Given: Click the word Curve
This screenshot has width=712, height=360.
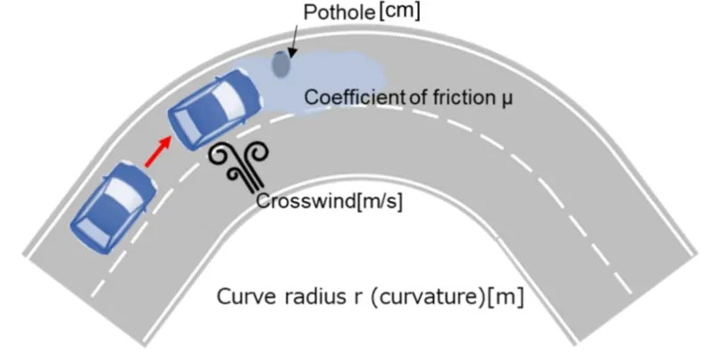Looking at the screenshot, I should coord(242,296).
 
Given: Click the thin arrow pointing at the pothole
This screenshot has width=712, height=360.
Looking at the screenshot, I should coord(292,40).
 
